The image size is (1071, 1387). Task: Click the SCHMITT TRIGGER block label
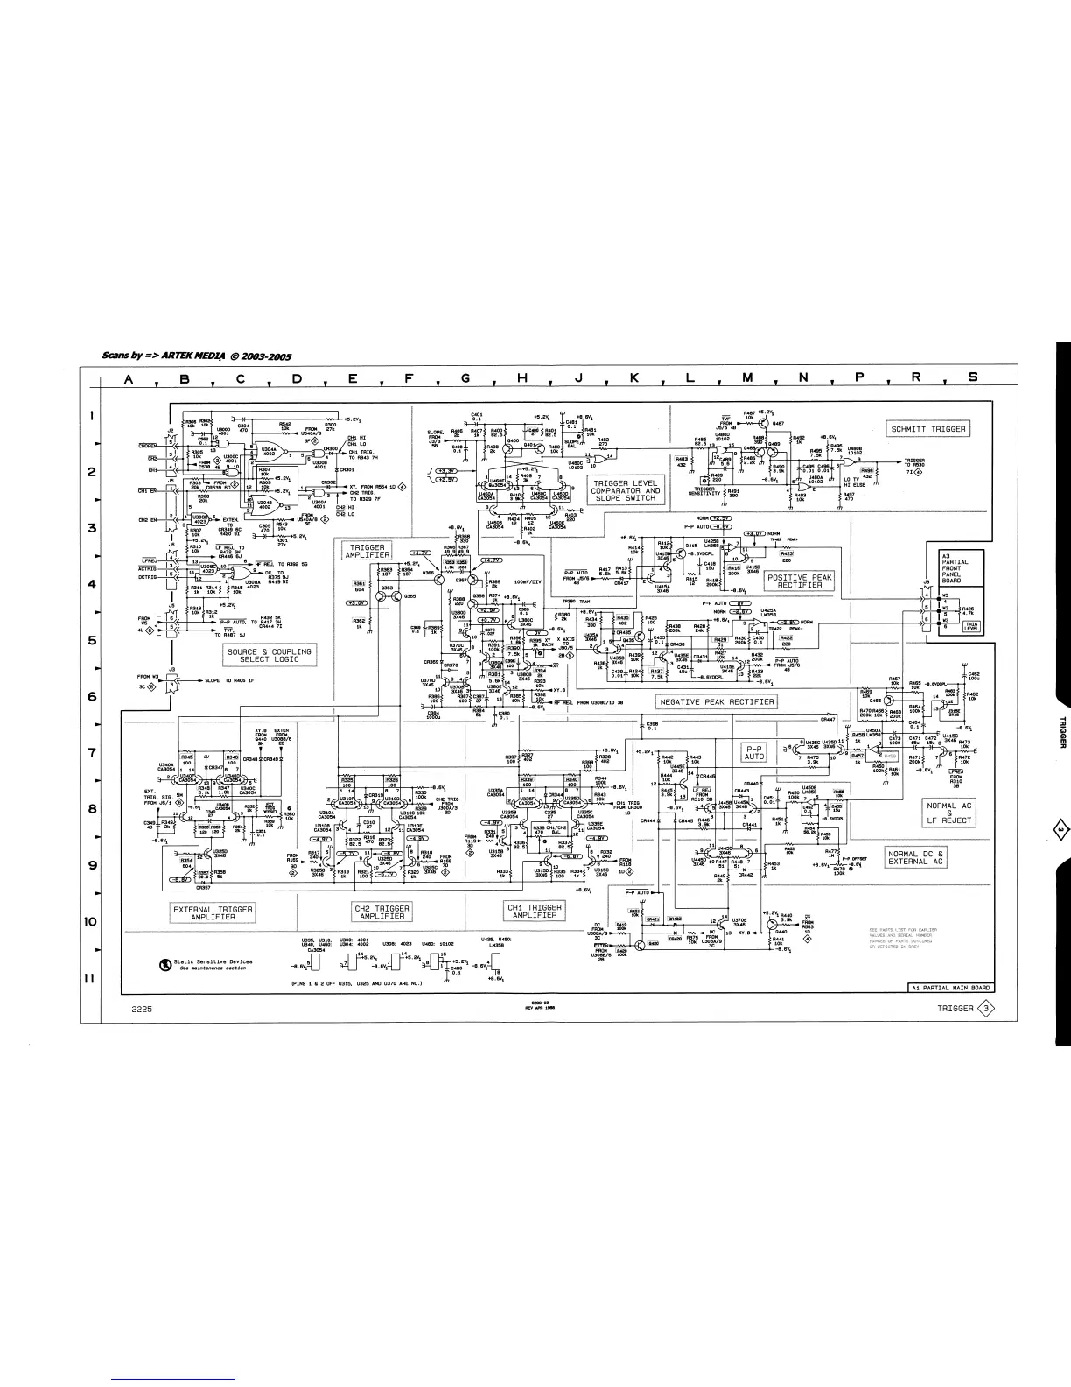[928, 429]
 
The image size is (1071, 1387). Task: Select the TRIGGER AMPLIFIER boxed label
[367, 552]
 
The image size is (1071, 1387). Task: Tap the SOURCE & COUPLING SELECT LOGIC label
[269, 656]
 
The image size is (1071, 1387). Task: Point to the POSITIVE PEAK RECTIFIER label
[800, 581]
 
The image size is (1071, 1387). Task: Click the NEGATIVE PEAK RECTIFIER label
[716, 701]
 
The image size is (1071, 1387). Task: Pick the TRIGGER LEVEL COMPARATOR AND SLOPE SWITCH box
[626, 491]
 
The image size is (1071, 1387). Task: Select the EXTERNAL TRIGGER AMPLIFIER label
[213, 912]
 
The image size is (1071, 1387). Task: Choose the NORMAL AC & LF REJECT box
[949, 813]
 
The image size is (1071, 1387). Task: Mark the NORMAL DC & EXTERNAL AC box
[916, 857]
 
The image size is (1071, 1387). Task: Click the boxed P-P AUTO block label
[754, 752]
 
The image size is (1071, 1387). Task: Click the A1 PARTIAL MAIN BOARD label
[950, 988]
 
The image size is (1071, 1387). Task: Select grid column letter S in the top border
[972, 378]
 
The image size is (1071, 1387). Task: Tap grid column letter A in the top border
[129, 378]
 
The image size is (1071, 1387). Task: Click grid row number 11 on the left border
[89, 977]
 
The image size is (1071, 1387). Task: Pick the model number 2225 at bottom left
[143, 1009]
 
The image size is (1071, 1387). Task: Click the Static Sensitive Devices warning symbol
[164, 965]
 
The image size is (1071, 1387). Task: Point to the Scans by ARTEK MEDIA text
[197, 356]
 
